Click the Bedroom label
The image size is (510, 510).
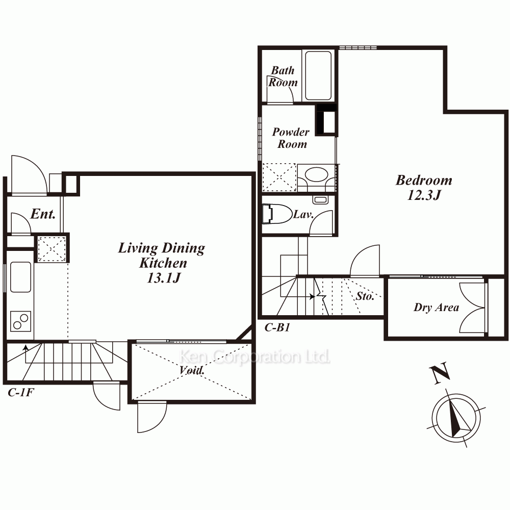coord(424,180)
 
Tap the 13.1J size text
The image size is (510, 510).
coord(164,278)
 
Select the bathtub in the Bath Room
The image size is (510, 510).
coord(318,75)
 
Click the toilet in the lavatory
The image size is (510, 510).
coord(277,214)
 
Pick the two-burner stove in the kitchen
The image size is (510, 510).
coord(20,321)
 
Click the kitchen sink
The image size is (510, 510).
coord(20,277)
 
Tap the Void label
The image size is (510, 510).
coord(192,370)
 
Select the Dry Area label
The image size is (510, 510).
coord(436,308)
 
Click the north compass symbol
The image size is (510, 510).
coord(456,418)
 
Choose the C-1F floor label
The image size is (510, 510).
coord(21,393)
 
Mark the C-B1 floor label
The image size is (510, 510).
coord(277,327)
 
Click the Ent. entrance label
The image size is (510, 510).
coord(43,214)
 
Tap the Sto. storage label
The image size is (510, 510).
coord(365,296)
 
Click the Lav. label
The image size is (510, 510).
coord(303,214)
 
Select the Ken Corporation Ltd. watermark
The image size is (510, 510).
coord(254,357)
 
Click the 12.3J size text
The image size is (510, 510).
coord(424,195)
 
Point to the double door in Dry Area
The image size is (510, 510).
coord(473,308)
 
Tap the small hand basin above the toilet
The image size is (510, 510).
coord(320,200)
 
